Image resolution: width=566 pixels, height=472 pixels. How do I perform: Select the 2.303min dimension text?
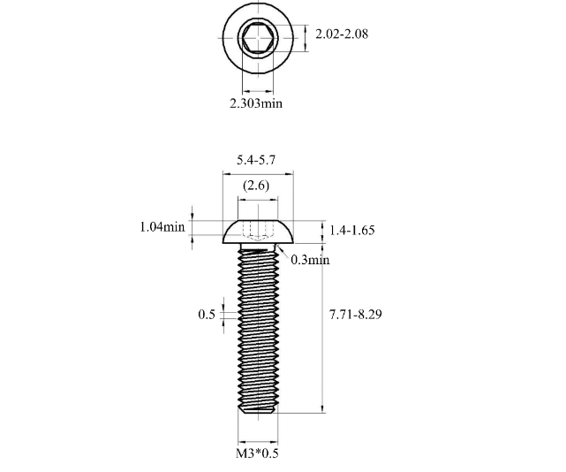256,103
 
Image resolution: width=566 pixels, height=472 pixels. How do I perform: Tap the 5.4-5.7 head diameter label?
257,160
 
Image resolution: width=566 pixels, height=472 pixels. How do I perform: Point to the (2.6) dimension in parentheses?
257,186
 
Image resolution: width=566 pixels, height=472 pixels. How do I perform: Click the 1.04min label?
162,226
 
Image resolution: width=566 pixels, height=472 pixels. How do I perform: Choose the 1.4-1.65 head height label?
352,230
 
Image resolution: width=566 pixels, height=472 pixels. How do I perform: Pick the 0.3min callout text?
310,260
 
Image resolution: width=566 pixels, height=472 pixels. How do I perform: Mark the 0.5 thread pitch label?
207,315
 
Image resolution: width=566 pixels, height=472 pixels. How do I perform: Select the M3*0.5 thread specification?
258,454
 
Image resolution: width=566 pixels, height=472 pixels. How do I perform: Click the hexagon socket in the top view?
258,40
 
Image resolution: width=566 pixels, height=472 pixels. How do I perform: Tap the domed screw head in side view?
258,231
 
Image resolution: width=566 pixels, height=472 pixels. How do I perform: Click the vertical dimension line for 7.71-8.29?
321,336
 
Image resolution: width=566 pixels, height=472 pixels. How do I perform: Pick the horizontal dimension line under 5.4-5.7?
257,175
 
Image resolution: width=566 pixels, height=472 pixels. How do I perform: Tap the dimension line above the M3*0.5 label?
258,441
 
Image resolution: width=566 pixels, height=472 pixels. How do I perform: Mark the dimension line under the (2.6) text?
257,200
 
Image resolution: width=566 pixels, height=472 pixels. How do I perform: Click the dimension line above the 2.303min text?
258,90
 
